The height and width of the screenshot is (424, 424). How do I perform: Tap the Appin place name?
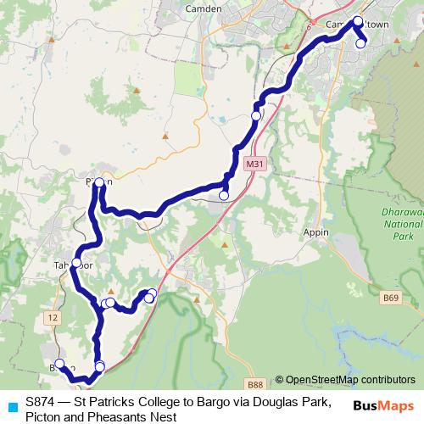[315, 230]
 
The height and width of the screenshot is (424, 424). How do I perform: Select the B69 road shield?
[390, 298]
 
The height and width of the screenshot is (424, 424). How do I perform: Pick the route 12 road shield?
[54, 316]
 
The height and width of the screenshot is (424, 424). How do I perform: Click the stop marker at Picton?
[99, 182]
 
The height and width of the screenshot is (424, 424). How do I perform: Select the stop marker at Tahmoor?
[76, 263]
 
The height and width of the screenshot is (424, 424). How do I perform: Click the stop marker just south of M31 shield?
[224, 196]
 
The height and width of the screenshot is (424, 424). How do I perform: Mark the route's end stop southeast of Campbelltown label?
[361, 44]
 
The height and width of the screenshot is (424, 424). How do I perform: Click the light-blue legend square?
[11, 404]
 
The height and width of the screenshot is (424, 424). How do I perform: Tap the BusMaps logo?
[383, 405]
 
